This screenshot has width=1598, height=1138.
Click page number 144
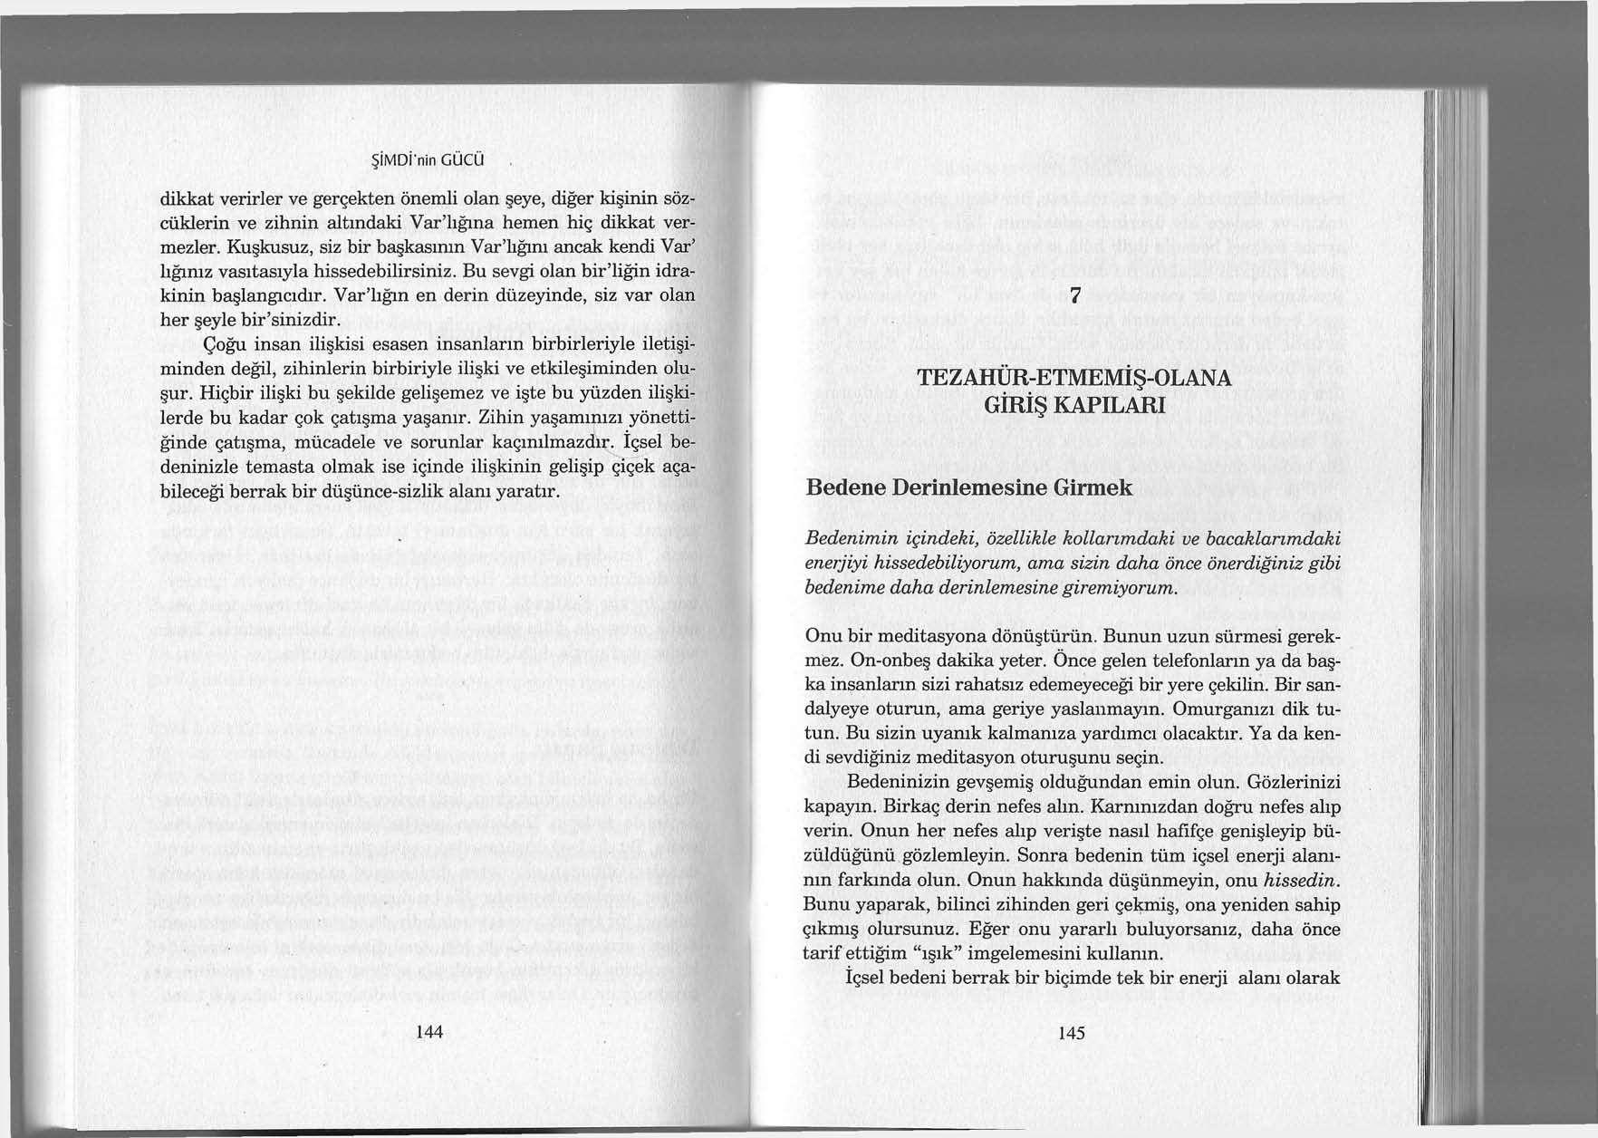pyautogui.click(x=427, y=1033)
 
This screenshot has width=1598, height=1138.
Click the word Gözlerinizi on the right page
pyautogui.click(x=1295, y=782)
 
